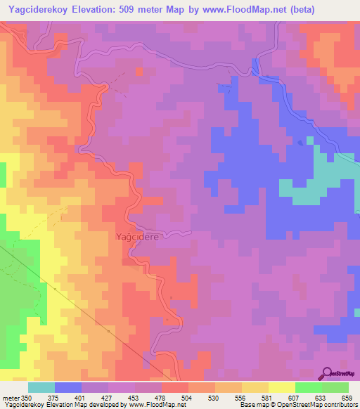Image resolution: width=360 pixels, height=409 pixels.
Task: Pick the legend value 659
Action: click(x=346, y=398)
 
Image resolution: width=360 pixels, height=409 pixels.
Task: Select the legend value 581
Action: click(x=265, y=398)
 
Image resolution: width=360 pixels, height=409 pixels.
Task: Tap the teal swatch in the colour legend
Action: click(x=41, y=387)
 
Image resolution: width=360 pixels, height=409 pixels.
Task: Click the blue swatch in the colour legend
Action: click(x=68, y=387)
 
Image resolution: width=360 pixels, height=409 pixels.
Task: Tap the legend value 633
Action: click(x=319, y=398)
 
